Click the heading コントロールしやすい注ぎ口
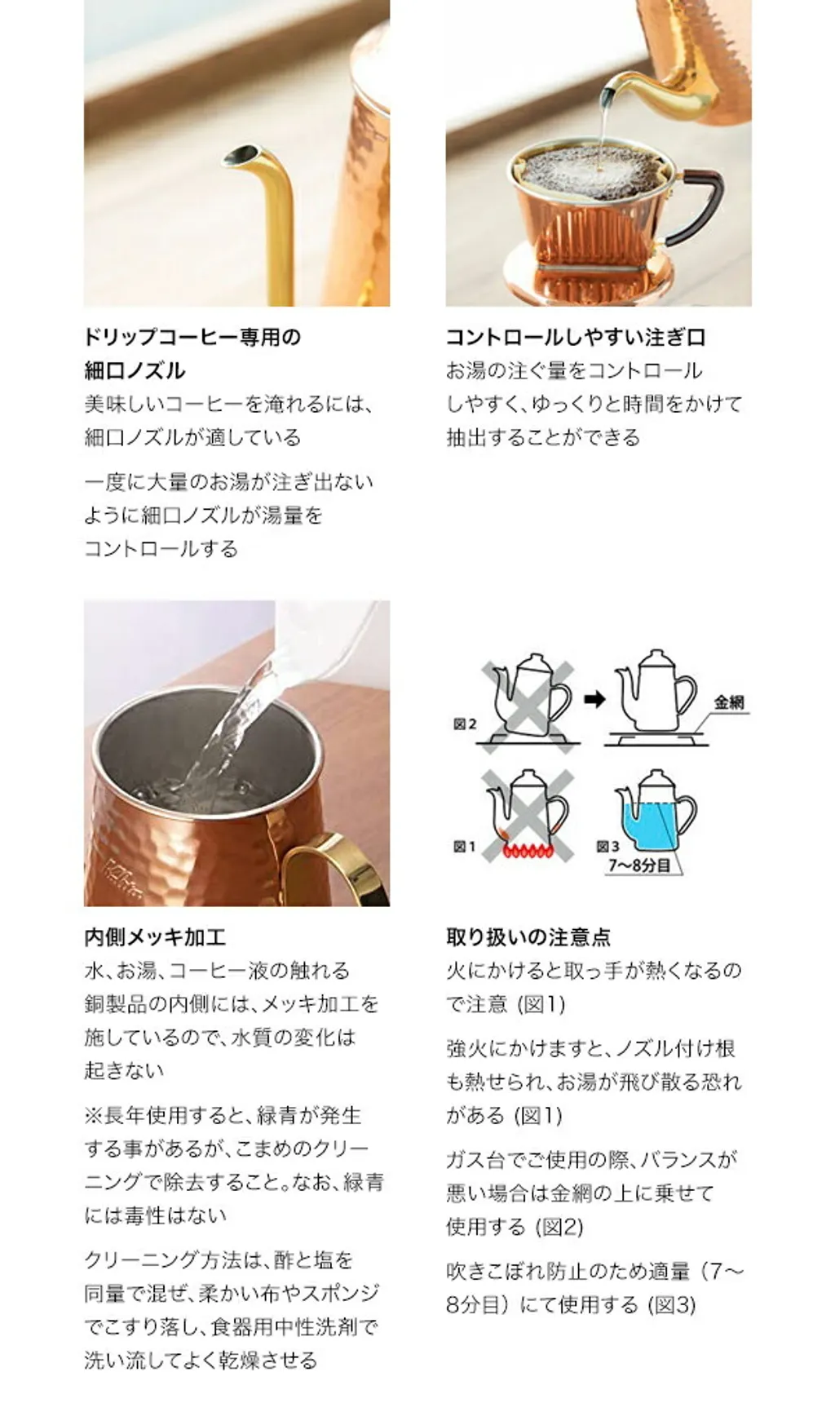point(576,337)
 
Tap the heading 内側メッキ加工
point(155,937)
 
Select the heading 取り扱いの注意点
point(528,937)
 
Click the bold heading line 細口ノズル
point(135,370)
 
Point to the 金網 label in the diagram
point(729,702)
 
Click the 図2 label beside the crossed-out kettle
point(465,724)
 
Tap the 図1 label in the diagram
point(465,847)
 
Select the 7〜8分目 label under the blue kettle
point(639,865)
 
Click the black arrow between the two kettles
point(595,699)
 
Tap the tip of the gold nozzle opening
point(241,154)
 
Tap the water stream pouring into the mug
point(228,734)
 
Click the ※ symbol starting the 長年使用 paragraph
point(94,1115)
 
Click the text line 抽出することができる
point(543,437)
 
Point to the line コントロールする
point(161,548)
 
